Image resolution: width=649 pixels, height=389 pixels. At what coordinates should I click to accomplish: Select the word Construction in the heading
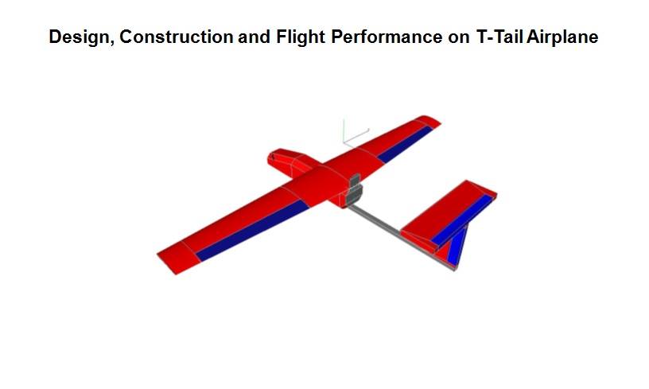pyautogui.click(x=177, y=37)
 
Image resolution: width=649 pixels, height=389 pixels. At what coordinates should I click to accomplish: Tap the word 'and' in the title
pyautogui.click(x=255, y=37)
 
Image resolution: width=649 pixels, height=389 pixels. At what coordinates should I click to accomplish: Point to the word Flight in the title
pyautogui.click(x=301, y=37)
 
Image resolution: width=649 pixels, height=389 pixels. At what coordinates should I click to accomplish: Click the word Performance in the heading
pyautogui.click(x=387, y=37)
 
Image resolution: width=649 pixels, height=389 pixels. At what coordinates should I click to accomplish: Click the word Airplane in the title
pyautogui.click(x=562, y=37)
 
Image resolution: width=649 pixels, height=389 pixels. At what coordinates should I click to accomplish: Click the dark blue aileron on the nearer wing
pyautogui.click(x=252, y=230)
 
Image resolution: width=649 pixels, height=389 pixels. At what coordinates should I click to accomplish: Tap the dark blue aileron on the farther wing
pyautogui.click(x=405, y=145)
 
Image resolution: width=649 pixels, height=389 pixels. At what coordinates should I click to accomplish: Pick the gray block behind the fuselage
pyautogui.click(x=353, y=190)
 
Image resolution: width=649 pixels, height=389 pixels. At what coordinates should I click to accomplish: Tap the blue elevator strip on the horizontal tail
pyautogui.click(x=462, y=220)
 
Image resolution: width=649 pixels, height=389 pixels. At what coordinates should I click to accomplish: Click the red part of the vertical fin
pyautogui.click(x=444, y=251)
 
